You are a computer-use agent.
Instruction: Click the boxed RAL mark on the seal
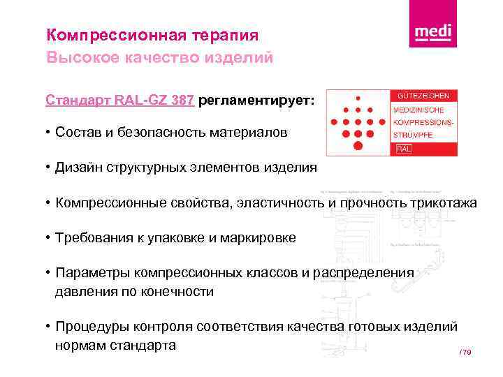pos(404,149)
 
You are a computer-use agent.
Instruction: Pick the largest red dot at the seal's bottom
pos(358,145)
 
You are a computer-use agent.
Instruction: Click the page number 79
pos(467,353)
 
